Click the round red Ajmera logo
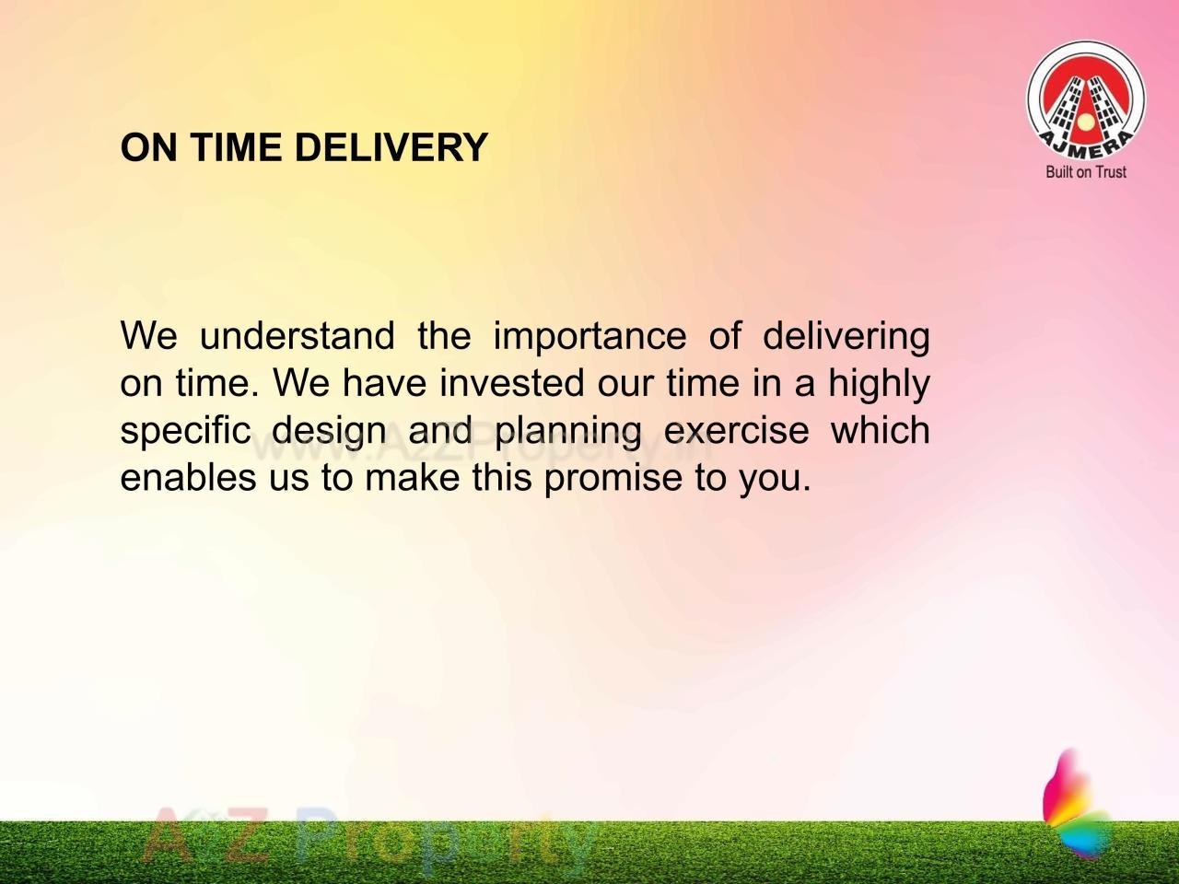1086,99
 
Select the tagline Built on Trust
1086,171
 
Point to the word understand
297,336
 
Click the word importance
589,336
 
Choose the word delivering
846,336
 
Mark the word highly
879,383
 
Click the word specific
185,431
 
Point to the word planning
567,431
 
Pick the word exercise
736,431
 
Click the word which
881,431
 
